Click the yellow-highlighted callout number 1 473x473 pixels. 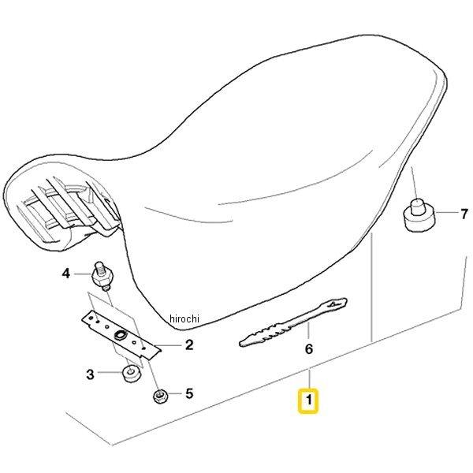pyautogui.click(x=308, y=400)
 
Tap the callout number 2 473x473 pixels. pyautogui.click(x=189, y=345)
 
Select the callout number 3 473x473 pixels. pyautogui.click(x=90, y=374)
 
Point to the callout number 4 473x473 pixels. pyautogui.click(x=65, y=274)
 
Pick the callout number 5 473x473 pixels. pyautogui.click(x=189, y=393)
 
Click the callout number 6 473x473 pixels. pyautogui.click(x=309, y=349)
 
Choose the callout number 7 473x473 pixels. pyautogui.click(x=464, y=214)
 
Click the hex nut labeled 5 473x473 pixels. pyautogui.click(x=160, y=396)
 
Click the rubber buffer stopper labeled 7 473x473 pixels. pyautogui.click(x=419, y=214)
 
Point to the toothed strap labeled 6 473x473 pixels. pyautogui.click(x=292, y=322)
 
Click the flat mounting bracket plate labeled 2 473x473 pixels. pyautogui.click(x=121, y=335)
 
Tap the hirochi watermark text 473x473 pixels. pyautogui.click(x=184, y=318)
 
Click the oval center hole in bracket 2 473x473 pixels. pyautogui.click(x=120, y=334)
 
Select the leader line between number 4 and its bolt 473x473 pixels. pyautogui.click(x=83, y=274)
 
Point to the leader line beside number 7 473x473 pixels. pyautogui.click(x=446, y=213)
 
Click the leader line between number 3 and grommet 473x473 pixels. pyautogui.click(x=110, y=372)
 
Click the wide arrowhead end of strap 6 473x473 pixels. pyautogui.click(x=336, y=304)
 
